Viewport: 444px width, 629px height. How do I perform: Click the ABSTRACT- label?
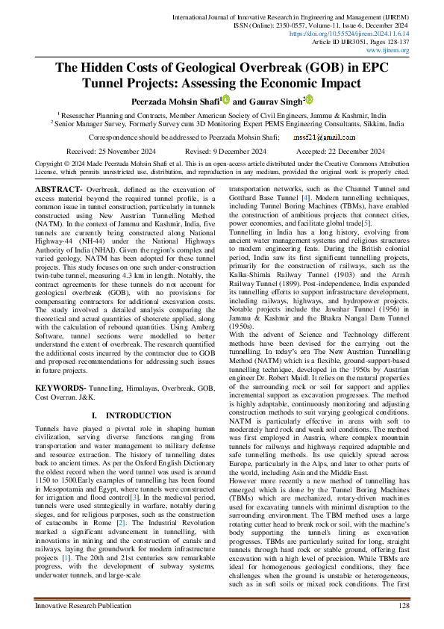click(61, 190)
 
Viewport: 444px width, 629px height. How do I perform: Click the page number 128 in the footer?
click(404, 605)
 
